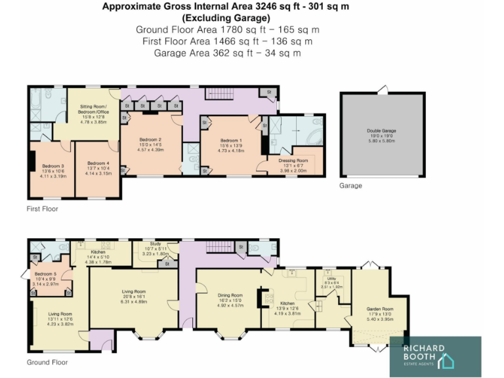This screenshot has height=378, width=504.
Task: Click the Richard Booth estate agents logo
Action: tap(434, 356)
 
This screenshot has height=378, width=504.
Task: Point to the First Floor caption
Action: tap(42, 209)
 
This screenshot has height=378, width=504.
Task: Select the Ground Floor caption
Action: tap(47, 362)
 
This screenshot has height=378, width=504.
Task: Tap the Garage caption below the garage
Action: tap(350, 186)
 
